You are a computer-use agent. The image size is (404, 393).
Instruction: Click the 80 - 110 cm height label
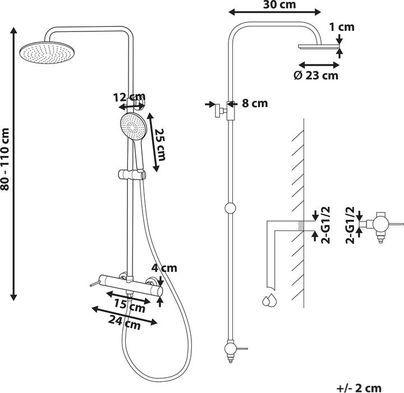5,159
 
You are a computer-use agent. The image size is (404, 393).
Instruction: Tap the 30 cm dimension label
279,4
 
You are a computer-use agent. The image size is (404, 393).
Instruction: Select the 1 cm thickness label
342,27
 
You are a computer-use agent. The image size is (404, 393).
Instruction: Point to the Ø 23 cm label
316,76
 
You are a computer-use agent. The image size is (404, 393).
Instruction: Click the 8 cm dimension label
255,103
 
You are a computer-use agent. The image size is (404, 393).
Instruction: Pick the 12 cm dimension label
130,97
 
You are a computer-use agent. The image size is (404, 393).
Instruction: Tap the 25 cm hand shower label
160,145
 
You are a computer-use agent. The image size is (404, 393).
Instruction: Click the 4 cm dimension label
164,268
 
